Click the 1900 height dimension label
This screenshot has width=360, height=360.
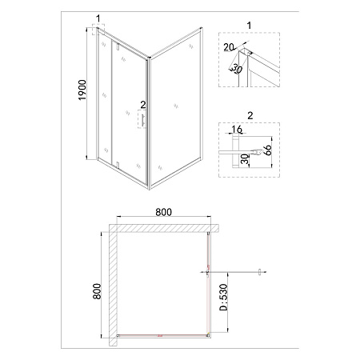83,90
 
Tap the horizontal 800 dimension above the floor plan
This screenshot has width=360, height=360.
164,212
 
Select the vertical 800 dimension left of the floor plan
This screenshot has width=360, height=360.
98,291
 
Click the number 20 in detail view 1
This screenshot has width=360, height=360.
229,47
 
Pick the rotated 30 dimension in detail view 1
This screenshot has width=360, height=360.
236,69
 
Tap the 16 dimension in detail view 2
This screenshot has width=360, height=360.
237,129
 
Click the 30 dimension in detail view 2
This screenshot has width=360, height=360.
246,159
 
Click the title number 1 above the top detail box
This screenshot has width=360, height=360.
249,26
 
